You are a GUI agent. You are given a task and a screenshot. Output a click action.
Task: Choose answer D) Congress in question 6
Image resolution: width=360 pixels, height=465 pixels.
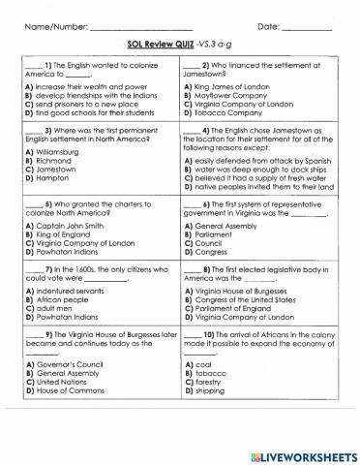(x=213, y=250)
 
